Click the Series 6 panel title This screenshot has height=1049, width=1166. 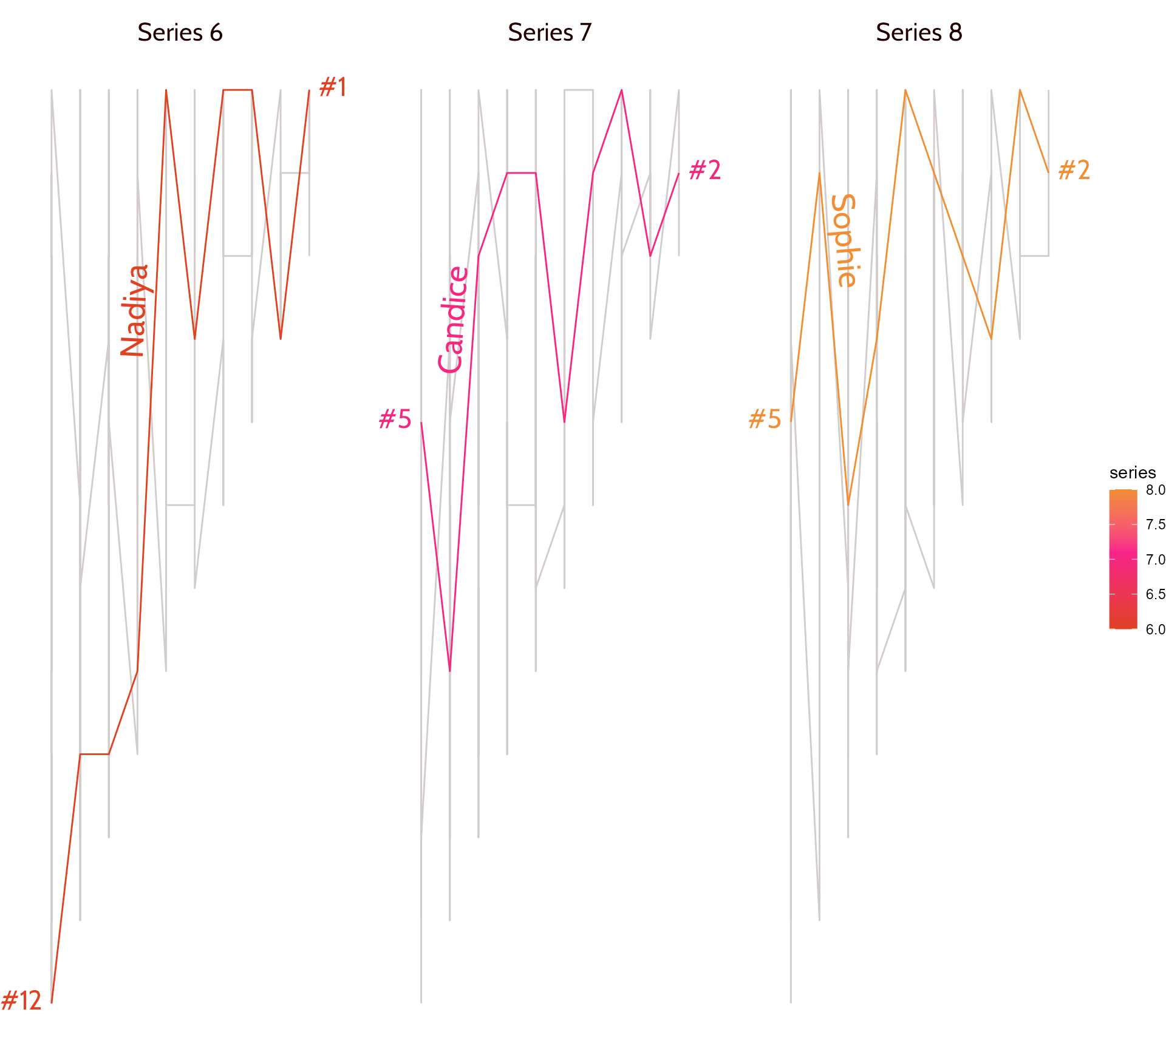[180, 32]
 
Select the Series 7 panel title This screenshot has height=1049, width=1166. [550, 32]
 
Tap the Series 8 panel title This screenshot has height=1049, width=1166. [919, 32]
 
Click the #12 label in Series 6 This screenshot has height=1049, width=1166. [21, 1000]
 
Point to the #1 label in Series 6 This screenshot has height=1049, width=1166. [333, 87]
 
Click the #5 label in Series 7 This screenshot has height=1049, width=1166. [395, 419]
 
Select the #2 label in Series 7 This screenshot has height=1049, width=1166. [704, 171]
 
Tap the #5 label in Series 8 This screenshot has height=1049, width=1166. [765, 419]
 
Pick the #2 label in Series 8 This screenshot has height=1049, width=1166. [1074, 171]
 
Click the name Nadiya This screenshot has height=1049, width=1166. [134, 311]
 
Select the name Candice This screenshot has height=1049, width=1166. [453, 319]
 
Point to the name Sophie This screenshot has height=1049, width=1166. [844, 240]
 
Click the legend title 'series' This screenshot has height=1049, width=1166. [1133, 472]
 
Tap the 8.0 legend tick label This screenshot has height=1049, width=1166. [1155, 490]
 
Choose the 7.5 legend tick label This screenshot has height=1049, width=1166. [1155, 524]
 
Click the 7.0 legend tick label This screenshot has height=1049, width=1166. [1155, 560]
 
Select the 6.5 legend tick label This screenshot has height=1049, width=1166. [1155, 594]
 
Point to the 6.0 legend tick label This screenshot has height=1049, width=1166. [1155, 630]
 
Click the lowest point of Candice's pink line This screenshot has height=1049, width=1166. [450, 671]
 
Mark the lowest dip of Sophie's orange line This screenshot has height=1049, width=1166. [848, 504]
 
